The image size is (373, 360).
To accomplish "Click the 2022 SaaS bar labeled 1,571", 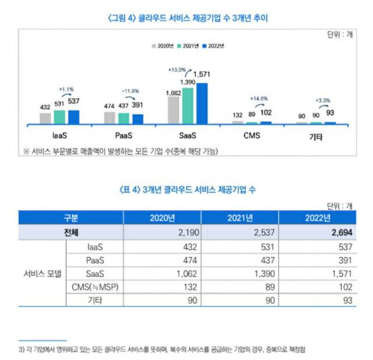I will [202, 103].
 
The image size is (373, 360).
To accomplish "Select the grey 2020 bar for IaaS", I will [45, 118].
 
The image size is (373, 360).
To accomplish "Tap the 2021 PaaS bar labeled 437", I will [124, 118].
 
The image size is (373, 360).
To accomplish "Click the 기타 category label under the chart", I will [315, 138].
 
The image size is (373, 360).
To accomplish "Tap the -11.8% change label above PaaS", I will [129, 91].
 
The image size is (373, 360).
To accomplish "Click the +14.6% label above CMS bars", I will [258, 98].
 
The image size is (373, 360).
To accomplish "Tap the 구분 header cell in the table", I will [70, 218].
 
